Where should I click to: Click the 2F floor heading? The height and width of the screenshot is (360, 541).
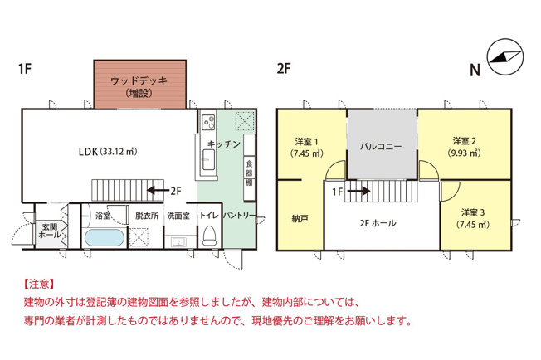click(x=285, y=69)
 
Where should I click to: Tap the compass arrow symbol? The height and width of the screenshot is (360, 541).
click(x=504, y=56)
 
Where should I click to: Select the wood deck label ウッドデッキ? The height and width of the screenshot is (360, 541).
click(x=139, y=81)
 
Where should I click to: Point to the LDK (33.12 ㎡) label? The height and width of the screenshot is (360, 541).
click(x=111, y=151)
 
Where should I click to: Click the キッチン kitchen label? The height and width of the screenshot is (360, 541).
click(x=224, y=144)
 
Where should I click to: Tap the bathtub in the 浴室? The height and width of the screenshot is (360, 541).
click(x=105, y=239)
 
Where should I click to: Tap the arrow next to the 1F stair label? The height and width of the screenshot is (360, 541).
click(x=359, y=191)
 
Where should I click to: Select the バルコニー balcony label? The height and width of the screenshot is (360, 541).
click(x=381, y=146)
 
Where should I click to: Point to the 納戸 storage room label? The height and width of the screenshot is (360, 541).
click(x=300, y=219)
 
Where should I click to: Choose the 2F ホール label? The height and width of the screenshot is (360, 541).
click(x=378, y=223)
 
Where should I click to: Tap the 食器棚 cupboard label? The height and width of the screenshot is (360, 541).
click(x=248, y=173)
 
